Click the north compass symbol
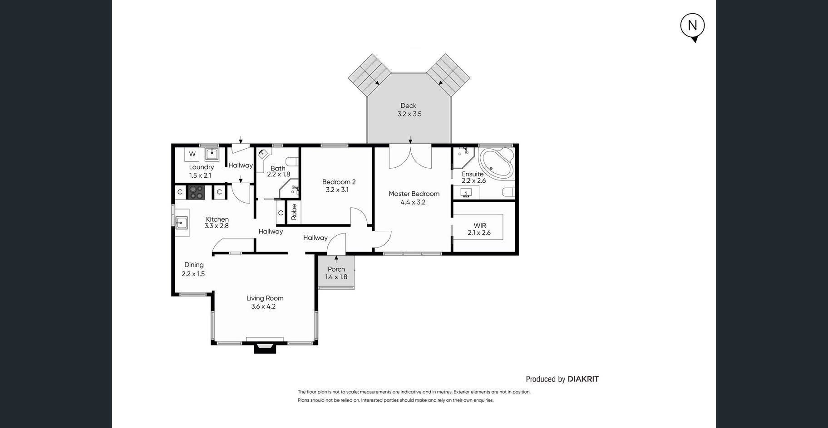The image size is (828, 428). click(x=692, y=27)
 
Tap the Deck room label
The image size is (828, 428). click(x=409, y=106)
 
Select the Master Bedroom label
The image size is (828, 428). click(x=414, y=194)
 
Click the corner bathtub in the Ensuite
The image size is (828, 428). click(x=497, y=163)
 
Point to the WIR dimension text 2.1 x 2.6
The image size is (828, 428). click(x=479, y=233)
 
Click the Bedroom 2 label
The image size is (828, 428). click(x=339, y=182)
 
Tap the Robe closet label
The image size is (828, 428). click(x=294, y=212)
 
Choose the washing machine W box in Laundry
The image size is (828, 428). click(x=192, y=154)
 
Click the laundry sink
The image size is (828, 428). click(x=212, y=154)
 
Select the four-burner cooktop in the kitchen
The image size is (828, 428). click(x=197, y=192)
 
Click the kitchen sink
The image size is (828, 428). click(x=182, y=222)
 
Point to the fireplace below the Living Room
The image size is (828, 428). click(x=265, y=347)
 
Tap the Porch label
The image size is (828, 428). click(x=336, y=269)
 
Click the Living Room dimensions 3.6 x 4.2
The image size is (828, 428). click(x=263, y=306)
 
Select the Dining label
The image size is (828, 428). click(x=194, y=265)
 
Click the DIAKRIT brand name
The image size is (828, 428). click(x=583, y=379)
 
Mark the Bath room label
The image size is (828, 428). click(x=278, y=168)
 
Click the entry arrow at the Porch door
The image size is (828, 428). click(x=336, y=259)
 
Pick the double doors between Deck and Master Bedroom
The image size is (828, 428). click(x=410, y=157)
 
